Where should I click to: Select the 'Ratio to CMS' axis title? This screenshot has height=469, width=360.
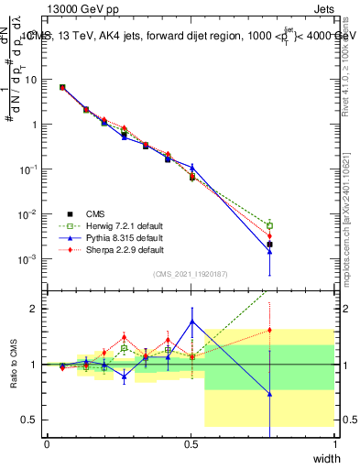point(14,365)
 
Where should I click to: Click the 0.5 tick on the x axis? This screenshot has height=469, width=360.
point(191,444)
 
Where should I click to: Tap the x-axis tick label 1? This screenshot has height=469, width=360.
point(335,444)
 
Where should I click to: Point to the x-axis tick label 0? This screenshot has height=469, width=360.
point(48,444)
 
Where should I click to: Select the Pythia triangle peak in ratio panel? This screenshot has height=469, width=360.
point(191,322)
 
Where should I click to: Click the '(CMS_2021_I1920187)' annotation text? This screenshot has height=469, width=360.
point(191,274)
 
